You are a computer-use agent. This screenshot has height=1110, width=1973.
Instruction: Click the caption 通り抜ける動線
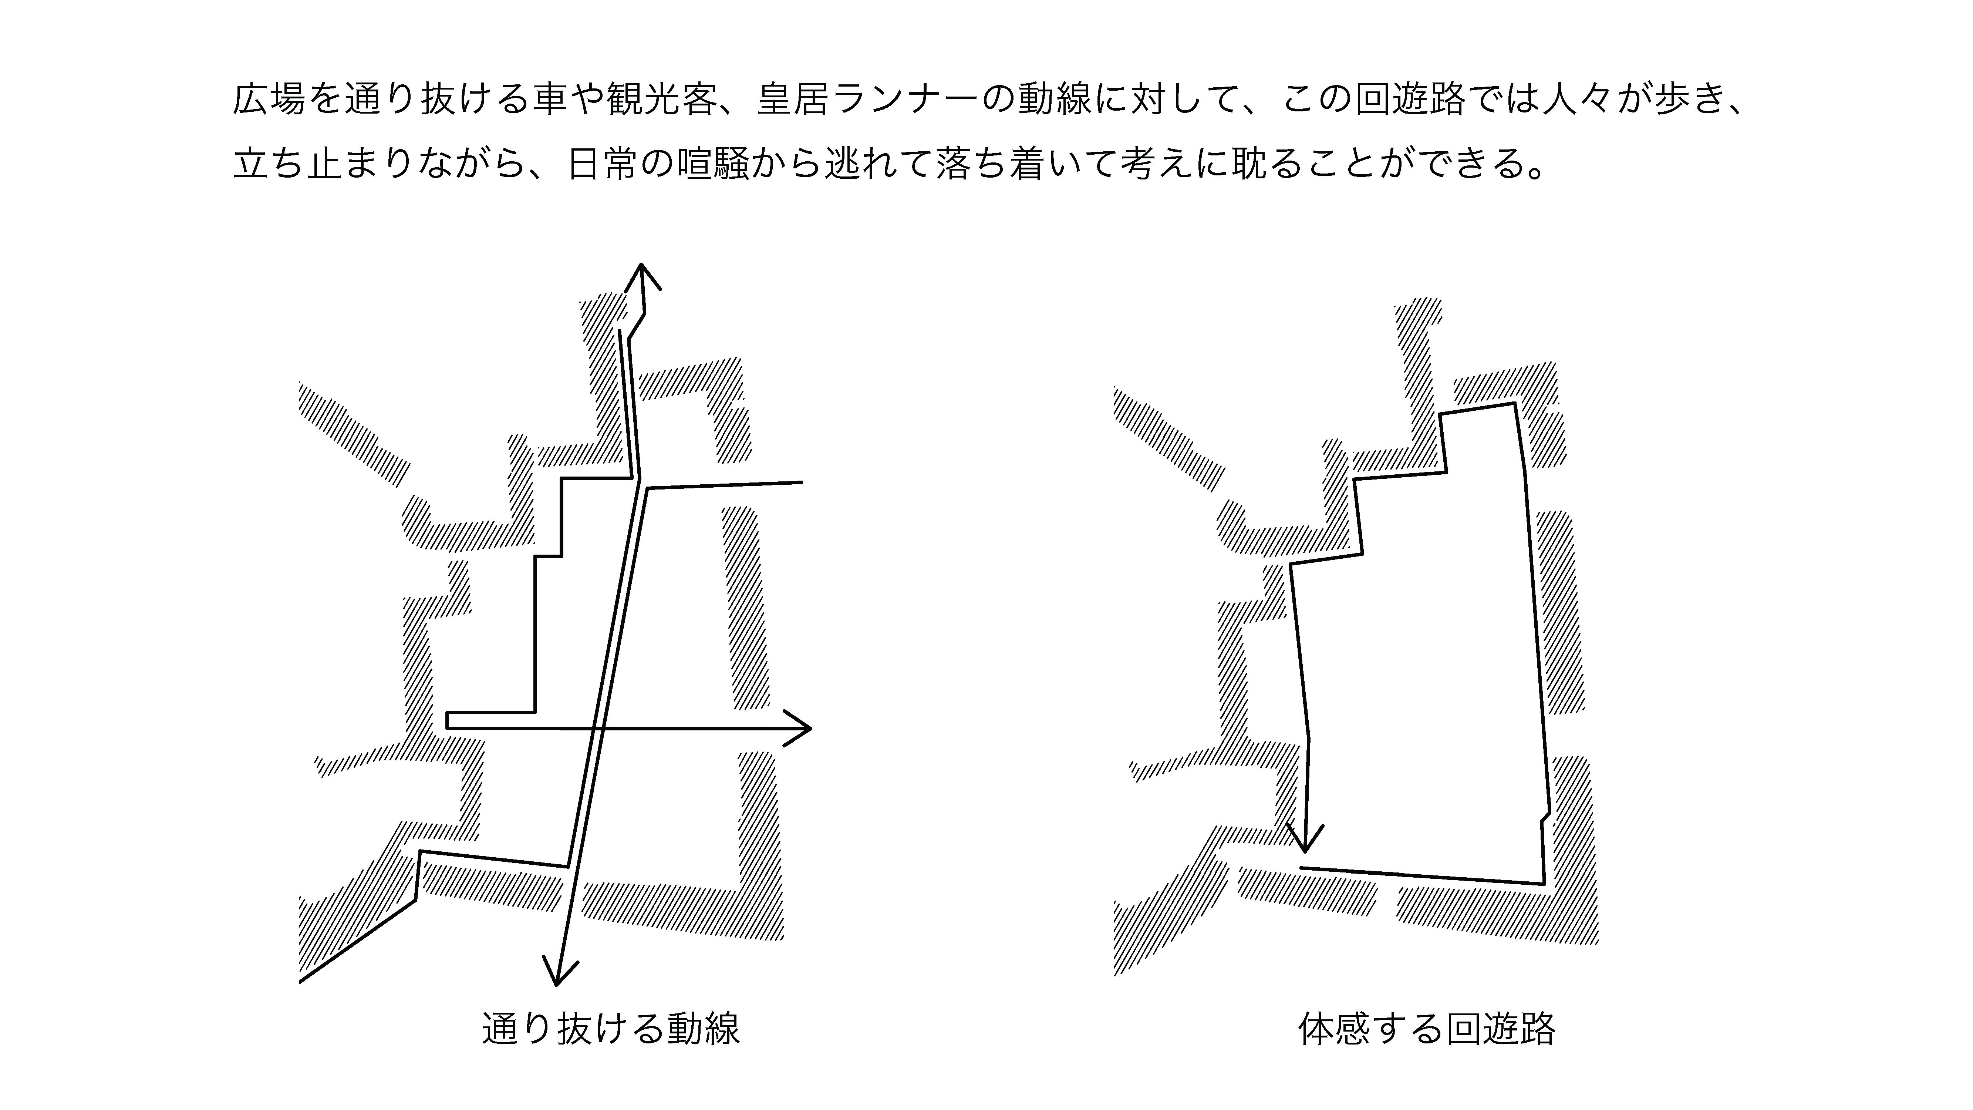coord(610,1029)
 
